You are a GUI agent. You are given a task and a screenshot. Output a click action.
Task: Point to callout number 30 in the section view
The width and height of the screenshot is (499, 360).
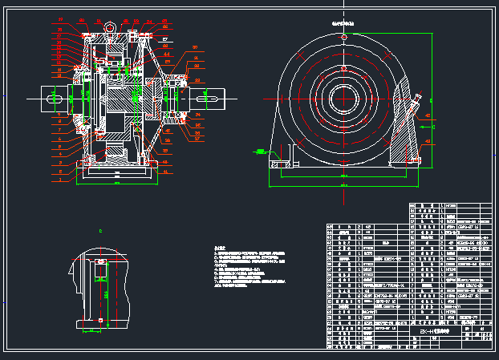pos(194,47)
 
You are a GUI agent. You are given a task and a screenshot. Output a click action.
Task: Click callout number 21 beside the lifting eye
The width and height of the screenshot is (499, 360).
pos(137,20)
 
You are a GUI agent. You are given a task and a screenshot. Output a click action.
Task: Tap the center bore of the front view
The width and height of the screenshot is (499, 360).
pos(343,102)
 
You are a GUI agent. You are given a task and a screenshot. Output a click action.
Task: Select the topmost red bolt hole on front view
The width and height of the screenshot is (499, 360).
pos(343,38)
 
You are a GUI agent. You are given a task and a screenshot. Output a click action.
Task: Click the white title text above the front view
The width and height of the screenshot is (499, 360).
pos(343,24)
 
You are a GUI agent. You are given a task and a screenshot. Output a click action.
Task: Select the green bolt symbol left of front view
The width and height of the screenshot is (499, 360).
pos(262,150)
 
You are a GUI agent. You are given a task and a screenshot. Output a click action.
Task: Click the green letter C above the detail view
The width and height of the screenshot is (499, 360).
pos(100,231)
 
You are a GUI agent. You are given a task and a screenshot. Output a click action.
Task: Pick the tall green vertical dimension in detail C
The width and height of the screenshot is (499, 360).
pos(108,293)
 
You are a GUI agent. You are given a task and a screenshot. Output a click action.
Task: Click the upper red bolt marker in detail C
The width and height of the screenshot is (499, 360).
pos(100,261)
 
